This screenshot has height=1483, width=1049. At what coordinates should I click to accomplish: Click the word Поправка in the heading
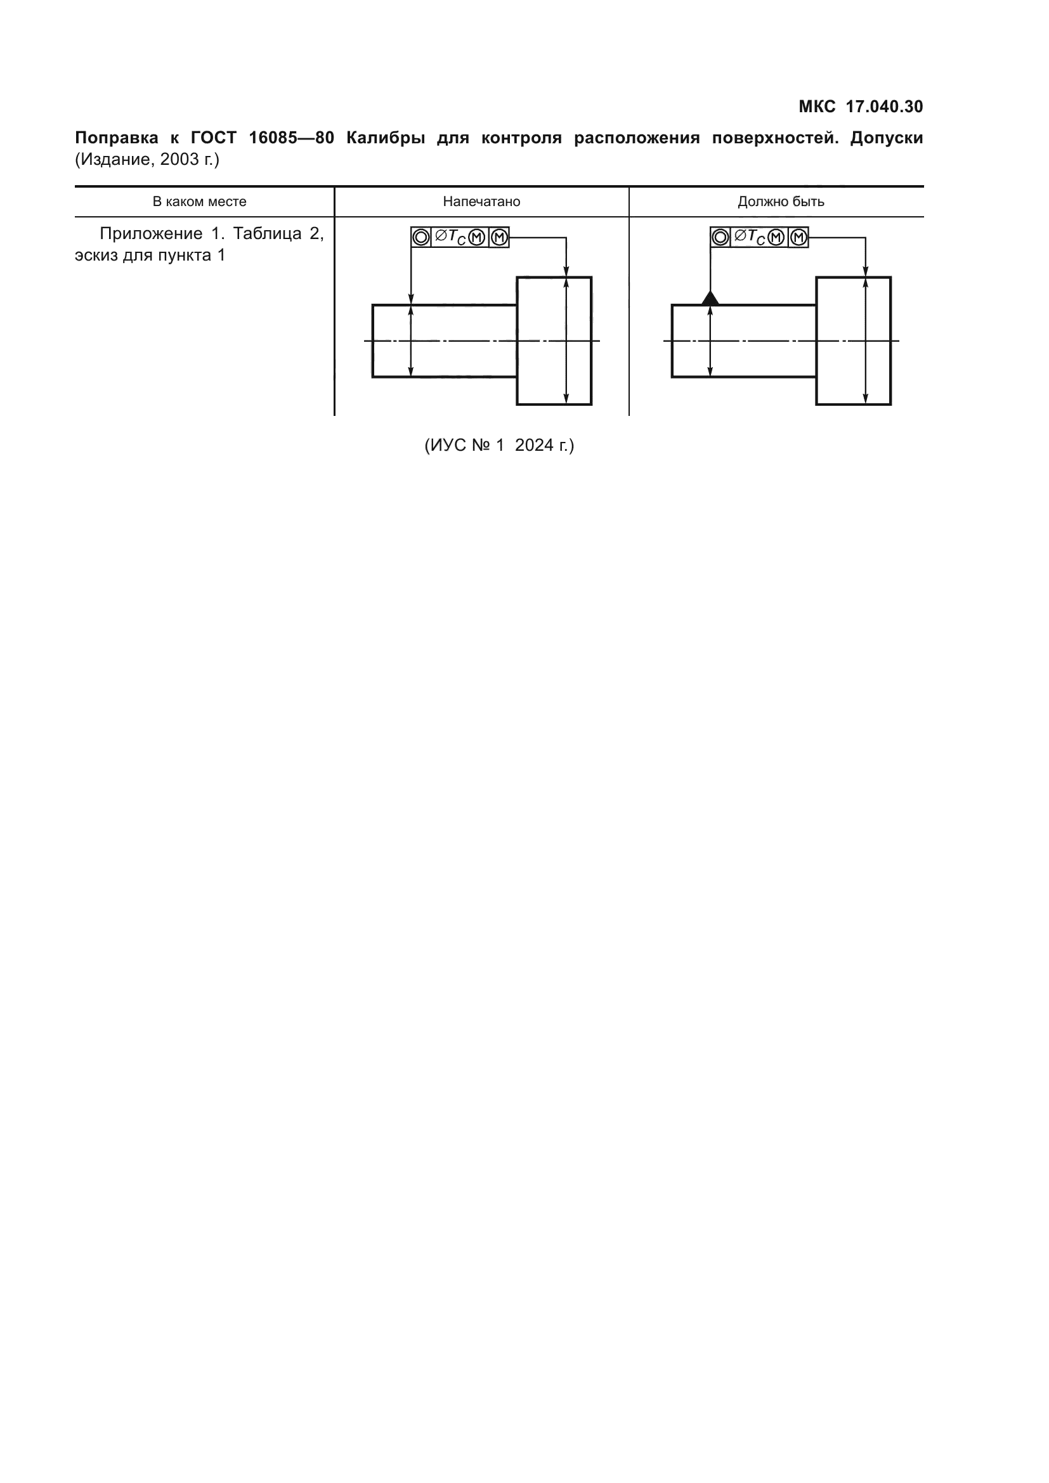point(116,138)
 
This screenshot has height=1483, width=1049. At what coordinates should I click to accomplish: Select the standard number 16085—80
point(291,138)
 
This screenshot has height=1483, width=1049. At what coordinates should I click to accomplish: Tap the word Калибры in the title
point(386,138)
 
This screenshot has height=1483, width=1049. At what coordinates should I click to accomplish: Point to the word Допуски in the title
point(886,138)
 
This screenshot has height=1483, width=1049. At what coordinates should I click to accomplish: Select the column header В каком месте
point(199,202)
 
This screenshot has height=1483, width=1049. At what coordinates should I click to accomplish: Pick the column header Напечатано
point(481,202)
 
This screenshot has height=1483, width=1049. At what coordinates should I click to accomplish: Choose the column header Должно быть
point(780,202)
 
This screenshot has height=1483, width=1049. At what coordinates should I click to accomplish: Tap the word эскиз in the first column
point(96,255)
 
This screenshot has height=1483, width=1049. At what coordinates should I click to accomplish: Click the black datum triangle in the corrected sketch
point(710,298)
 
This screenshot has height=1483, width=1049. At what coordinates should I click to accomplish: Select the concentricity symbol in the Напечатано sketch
point(420,238)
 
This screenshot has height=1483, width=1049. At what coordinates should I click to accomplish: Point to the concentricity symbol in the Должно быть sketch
point(720,238)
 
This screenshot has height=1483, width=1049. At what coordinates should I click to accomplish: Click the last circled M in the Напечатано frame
point(499,238)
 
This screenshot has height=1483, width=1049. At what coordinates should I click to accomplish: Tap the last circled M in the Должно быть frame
point(798,238)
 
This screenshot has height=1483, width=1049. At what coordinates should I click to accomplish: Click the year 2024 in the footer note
point(535,445)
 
